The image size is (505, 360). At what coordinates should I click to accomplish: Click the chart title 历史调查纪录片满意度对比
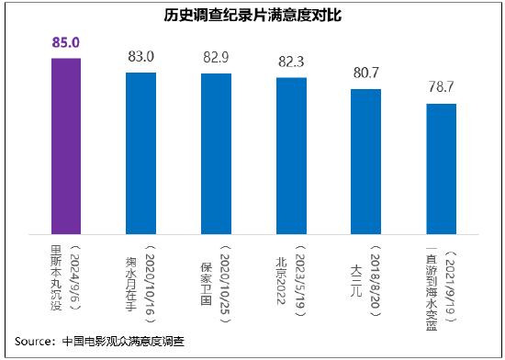pyautogui.click(x=252, y=17)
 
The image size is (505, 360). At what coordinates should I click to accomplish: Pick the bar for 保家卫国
pyautogui.click(x=216, y=151)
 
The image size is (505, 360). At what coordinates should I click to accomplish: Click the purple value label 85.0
pyautogui.click(x=65, y=42)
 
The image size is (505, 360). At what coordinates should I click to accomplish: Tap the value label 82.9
pyautogui.click(x=216, y=58)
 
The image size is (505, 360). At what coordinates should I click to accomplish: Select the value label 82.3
pyautogui.click(x=291, y=62)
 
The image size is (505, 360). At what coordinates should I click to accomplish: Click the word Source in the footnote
pyautogui.click(x=33, y=341)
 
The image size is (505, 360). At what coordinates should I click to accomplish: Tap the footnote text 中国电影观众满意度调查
pyautogui.click(x=123, y=341)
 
